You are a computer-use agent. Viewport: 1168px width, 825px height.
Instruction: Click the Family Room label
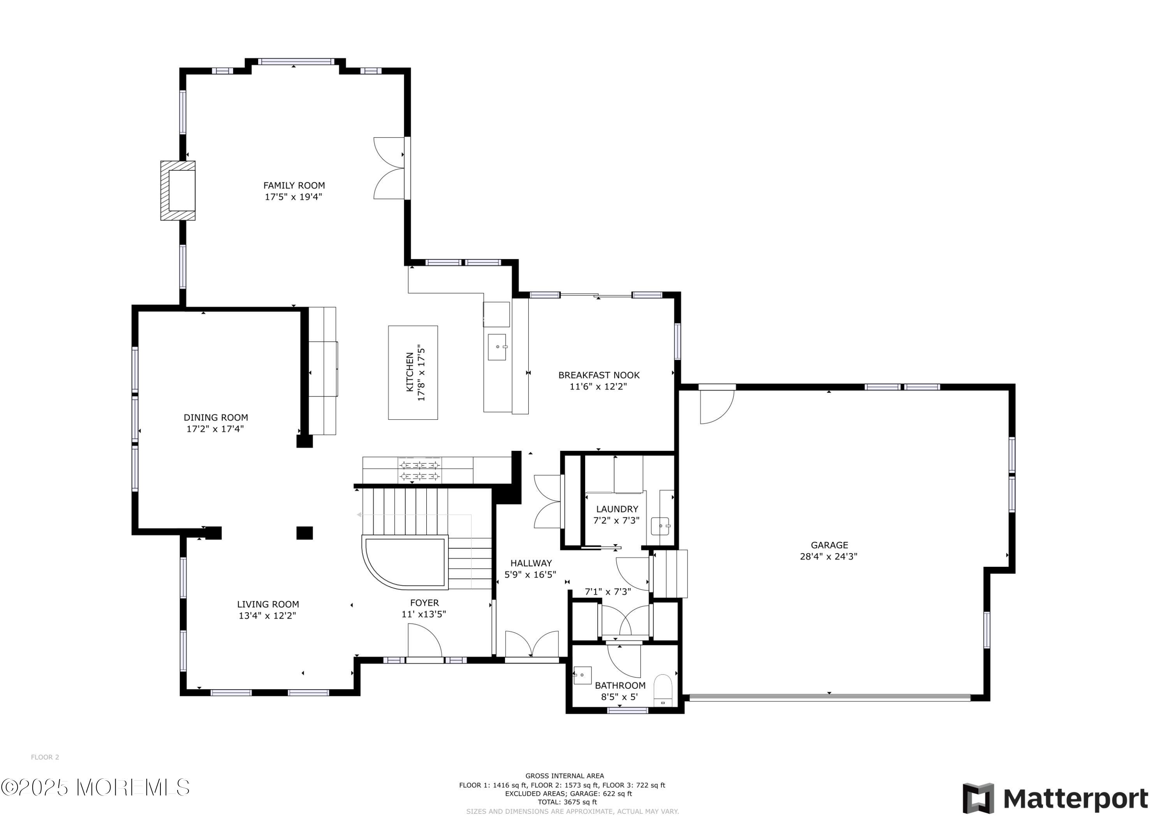pyautogui.click(x=294, y=186)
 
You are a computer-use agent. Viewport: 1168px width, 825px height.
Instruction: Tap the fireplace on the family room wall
pyautogui.click(x=178, y=191)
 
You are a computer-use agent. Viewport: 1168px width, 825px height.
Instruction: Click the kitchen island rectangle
pyautogui.click(x=413, y=373)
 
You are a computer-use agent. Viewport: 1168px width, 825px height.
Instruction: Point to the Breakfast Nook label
pyautogui.click(x=599, y=375)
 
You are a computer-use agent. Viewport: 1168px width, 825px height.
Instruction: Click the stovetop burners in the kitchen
pyautogui.click(x=419, y=470)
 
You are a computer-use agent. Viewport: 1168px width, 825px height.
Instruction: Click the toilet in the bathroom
pyautogui.click(x=662, y=689)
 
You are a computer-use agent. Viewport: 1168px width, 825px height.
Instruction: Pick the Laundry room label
pyautogui.click(x=617, y=509)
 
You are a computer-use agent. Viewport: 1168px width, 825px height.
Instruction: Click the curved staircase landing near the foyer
pyautogui.click(x=405, y=562)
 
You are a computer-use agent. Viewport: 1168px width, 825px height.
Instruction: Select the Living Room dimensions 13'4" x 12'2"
pyautogui.click(x=267, y=616)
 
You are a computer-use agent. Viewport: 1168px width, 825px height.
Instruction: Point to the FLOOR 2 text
pyautogui.click(x=45, y=757)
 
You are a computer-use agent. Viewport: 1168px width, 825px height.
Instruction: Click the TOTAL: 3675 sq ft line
pyautogui.click(x=564, y=802)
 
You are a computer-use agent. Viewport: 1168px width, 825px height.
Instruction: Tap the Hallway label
pyautogui.click(x=531, y=563)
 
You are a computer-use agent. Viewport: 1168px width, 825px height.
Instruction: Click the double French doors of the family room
pyautogui.click(x=391, y=168)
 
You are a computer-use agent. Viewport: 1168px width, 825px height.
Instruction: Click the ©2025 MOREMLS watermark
pyautogui.click(x=95, y=787)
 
